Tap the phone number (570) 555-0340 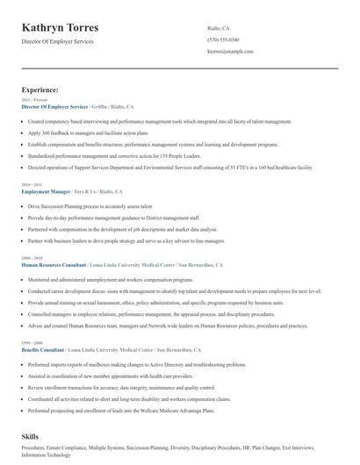[223, 40]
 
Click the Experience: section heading [40, 89]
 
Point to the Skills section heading [31, 435]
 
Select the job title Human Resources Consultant [54, 263]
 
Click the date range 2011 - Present [31, 100]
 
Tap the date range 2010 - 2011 [31, 184]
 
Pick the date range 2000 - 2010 [31, 257]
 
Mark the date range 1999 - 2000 [31, 342]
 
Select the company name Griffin [103, 106]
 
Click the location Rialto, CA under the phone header [219, 28]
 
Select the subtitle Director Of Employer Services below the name [57, 41]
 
